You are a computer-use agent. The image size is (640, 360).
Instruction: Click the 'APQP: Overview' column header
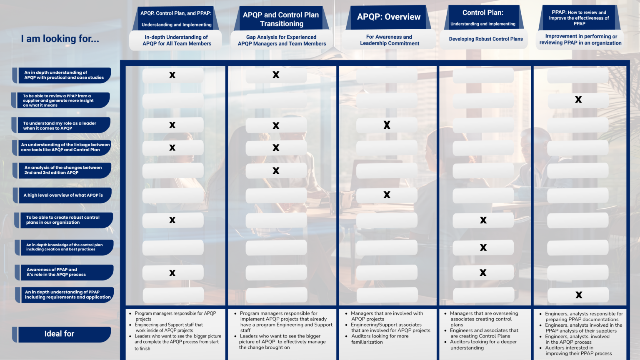click(388, 17)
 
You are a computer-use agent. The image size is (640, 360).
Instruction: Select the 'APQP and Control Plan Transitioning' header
click(281, 19)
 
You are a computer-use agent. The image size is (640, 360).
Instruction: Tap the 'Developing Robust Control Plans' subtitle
click(485, 39)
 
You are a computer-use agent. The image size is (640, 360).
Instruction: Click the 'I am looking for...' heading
click(60, 39)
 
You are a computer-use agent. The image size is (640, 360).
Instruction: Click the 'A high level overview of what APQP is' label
click(64, 195)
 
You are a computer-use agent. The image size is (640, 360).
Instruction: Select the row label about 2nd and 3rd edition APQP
click(64, 170)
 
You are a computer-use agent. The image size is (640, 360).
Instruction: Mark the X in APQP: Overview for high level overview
click(387, 195)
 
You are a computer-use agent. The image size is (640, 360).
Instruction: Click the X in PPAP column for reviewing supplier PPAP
click(578, 100)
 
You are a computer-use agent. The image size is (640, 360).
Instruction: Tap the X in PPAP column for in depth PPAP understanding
click(579, 295)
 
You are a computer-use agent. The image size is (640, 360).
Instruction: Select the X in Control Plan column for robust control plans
click(483, 220)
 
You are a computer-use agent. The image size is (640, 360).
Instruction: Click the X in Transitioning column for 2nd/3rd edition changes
click(276, 170)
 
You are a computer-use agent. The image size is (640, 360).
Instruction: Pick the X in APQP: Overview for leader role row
click(387, 125)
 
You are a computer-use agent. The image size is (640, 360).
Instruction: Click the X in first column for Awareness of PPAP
click(172, 273)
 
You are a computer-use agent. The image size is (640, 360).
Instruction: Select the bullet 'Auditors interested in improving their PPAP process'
click(578, 350)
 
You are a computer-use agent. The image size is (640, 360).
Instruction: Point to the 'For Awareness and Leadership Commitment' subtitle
click(389, 40)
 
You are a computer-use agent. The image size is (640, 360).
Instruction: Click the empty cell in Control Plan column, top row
click(483, 75)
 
